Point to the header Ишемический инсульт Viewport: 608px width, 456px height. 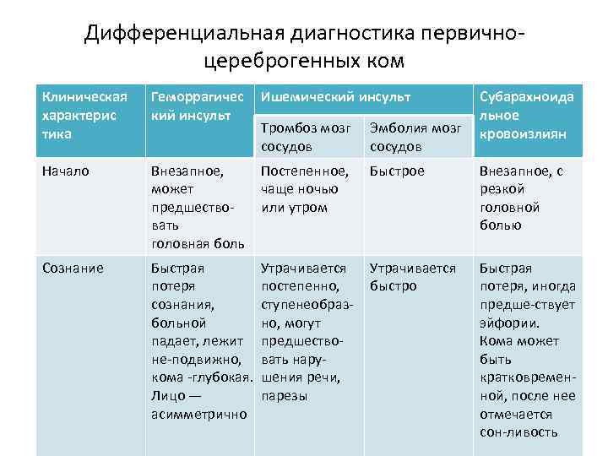coord(335,96)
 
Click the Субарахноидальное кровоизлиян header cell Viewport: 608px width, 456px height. coord(527,115)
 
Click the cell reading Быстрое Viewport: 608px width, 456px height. coord(397,171)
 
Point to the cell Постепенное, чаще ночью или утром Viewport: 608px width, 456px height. coord(305,189)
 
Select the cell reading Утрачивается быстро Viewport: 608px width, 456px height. coord(413,277)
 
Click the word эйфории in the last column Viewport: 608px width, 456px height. coord(511,323)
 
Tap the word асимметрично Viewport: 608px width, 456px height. coord(198,414)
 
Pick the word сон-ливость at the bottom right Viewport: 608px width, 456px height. coord(518,432)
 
